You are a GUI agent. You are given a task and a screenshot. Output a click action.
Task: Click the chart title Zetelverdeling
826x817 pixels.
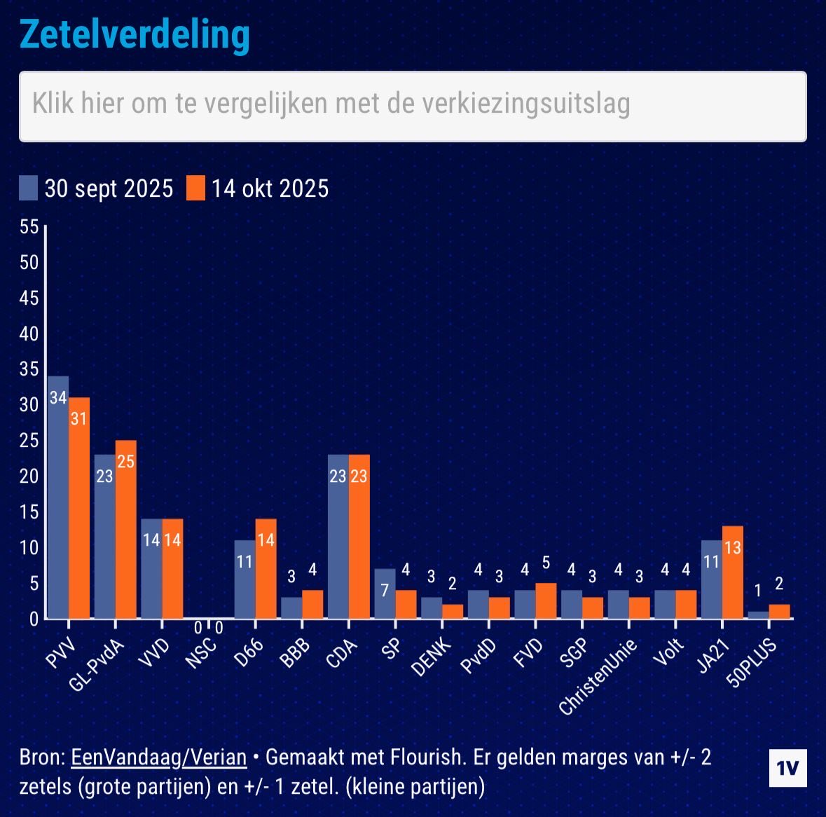pos(134,34)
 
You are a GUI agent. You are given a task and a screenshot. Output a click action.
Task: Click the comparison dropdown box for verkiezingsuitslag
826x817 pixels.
pos(413,106)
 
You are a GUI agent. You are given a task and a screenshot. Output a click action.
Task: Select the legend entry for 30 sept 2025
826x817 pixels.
pos(96,188)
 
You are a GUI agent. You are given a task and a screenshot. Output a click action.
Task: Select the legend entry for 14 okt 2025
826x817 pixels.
pos(258,188)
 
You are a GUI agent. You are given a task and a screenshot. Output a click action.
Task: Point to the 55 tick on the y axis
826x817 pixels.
pos(29,227)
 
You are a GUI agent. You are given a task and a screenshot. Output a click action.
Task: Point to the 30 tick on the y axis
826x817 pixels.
pos(29,405)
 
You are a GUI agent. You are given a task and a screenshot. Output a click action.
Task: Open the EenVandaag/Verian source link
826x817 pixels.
pos(159,757)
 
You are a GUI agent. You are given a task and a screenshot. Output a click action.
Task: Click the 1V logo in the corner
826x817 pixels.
pos(787,768)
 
